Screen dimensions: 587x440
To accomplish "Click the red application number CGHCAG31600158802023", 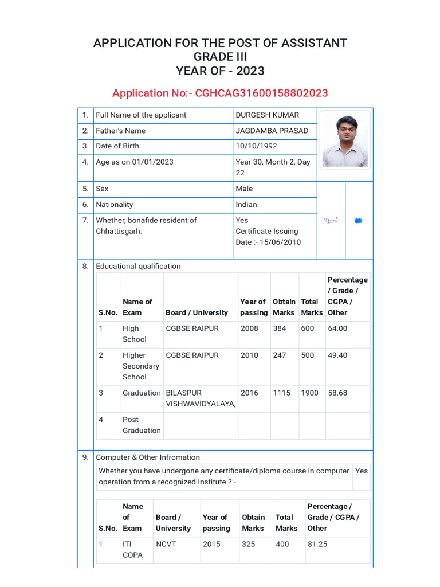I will [x=261, y=93].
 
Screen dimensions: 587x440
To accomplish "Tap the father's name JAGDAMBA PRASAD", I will [x=272, y=131].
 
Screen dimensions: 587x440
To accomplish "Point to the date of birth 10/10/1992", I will [x=256, y=146].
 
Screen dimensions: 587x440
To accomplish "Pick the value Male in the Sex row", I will [x=244, y=189].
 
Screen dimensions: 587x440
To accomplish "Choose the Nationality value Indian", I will [x=246, y=205].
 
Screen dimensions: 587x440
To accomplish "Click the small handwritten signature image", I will [x=331, y=220].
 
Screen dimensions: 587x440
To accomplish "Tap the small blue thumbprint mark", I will [x=359, y=220].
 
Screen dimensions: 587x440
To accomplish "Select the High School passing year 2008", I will [x=249, y=328].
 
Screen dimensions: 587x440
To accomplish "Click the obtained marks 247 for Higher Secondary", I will [x=280, y=355].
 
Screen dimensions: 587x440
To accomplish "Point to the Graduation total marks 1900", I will [x=309, y=393].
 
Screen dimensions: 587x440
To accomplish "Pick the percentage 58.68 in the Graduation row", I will [x=337, y=393].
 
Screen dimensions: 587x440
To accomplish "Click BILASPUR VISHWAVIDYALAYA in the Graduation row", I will [x=200, y=398].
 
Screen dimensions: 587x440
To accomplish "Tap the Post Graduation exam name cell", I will [x=142, y=425].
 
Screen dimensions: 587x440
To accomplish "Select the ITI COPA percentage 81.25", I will [x=317, y=544].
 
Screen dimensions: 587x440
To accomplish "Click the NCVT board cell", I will [x=166, y=544].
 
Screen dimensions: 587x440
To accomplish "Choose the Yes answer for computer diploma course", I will [x=362, y=471].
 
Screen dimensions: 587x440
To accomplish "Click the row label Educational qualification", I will [x=138, y=266].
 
